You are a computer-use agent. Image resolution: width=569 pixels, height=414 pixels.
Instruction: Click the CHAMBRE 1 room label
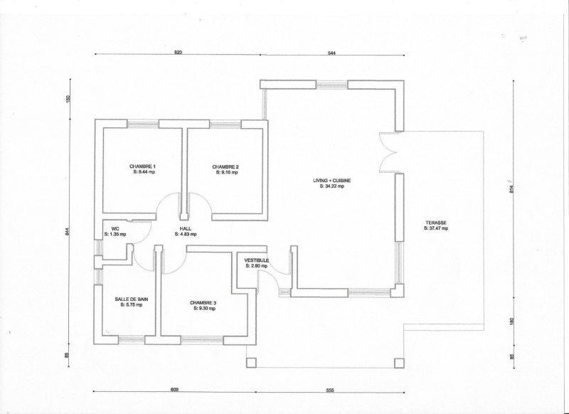[143, 166]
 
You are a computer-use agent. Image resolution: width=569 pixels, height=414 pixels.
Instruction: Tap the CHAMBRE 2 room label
[225, 167]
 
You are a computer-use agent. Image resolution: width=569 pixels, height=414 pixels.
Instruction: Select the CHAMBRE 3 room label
[203, 303]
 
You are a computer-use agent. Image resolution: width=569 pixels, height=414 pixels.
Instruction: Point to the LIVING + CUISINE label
[332, 181]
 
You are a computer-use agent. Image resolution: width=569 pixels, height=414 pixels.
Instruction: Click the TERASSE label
[436, 223]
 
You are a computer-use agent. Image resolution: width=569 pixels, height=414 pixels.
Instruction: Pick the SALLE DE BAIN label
[132, 299]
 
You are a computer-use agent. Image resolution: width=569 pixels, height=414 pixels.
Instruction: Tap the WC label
[115, 229]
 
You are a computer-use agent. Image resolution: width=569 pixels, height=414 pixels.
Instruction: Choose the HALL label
[186, 229]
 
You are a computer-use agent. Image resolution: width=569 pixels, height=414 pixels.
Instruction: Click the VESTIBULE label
[257, 260]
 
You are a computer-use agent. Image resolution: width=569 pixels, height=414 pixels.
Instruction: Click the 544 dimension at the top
[331, 53]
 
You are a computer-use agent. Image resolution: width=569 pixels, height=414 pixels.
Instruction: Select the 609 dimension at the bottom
[174, 390]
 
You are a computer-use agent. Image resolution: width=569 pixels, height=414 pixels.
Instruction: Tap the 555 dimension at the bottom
[329, 391]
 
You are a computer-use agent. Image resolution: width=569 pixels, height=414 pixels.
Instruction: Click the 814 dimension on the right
[511, 189]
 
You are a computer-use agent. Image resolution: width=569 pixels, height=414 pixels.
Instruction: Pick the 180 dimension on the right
[512, 322]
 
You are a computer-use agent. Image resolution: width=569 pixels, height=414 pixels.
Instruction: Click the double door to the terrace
[389, 152]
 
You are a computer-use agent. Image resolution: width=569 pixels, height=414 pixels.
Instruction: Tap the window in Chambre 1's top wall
[143, 124]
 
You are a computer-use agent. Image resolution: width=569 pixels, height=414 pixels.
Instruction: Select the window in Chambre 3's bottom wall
[202, 340]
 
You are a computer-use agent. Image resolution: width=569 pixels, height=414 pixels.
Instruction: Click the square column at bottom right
[399, 363]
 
